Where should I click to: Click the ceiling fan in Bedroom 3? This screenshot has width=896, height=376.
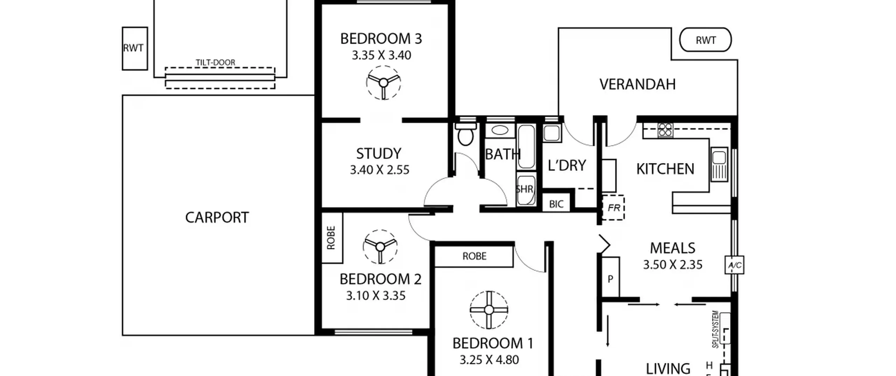tap(383, 83)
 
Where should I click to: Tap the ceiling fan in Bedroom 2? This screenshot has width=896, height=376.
tap(380, 247)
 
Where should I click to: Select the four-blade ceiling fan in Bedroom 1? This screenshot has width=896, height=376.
tap(489, 310)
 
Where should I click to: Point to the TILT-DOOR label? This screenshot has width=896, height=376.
tap(215, 63)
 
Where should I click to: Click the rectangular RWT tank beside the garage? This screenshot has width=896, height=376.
tap(135, 49)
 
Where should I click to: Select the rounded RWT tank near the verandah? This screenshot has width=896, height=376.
tap(705, 40)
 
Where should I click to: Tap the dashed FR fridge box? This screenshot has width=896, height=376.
tap(613, 208)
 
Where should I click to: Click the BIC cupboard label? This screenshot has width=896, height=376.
tap(556, 204)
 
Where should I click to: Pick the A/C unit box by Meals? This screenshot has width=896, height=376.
tap(734, 265)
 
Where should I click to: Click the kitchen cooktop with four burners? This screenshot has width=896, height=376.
tap(665, 130)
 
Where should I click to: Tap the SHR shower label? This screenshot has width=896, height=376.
tap(524, 189)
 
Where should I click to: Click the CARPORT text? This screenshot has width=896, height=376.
tap(217, 218)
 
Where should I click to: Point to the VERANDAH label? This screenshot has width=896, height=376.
tap(637, 84)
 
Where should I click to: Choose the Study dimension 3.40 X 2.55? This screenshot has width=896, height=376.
tap(380, 170)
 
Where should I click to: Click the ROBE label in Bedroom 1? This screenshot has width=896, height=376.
tap(474, 256)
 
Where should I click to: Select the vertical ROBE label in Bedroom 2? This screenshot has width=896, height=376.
tap(331, 238)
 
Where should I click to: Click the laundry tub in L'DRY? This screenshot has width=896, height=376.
tap(552, 133)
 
